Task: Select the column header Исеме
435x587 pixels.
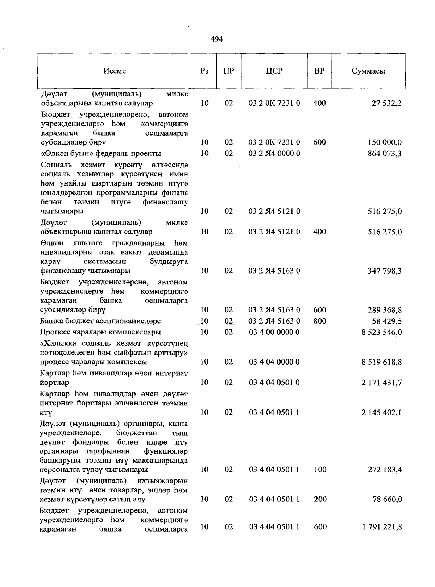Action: pyautogui.click(x=115, y=71)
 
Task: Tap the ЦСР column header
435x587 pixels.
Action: pyautogui.click(x=274, y=71)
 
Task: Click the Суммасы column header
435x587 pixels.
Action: pyautogui.click(x=368, y=71)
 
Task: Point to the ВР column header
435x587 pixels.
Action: pyautogui.click(x=319, y=71)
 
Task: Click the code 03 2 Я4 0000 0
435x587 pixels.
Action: pyautogui.click(x=274, y=154)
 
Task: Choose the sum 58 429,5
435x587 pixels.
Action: pyautogui.click(x=386, y=321)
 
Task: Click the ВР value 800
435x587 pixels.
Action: pyautogui.click(x=319, y=321)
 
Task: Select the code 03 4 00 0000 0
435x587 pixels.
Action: pyautogui.click(x=274, y=332)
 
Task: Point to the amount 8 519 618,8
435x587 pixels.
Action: pyautogui.click(x=381, y=362)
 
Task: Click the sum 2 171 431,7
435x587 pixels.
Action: pyautogui.click(x=381, y=383)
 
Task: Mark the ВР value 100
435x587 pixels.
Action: pyautogui.click(x=319, y=470)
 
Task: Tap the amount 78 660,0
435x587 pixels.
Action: pyautogui.click(x=387, y=499)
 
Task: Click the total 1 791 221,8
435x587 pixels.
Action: pyautogui.click(x=381, y=527)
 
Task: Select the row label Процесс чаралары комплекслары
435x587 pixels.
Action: pyautogui.click(x=100, y=332)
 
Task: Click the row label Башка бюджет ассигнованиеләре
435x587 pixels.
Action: pyautogui.click(x=100, y=321)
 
